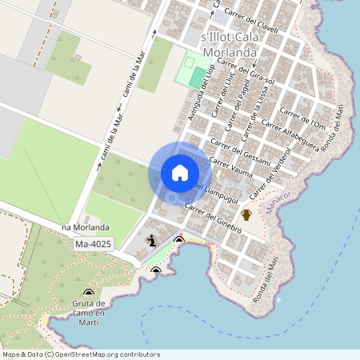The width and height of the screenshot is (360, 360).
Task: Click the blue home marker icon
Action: [x=180, y=173]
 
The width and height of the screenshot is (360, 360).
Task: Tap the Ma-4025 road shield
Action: [x=93, y=243]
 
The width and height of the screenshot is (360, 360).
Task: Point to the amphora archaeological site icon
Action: [x=246, y=214]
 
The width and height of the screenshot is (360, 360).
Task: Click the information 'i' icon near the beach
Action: [x=151, y=239]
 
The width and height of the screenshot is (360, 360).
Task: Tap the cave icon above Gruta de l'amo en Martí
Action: [x=88, y=294]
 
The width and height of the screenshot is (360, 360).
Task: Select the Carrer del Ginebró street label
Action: [x=213, y=217]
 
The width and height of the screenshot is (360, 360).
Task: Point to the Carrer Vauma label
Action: [x=230, y=167]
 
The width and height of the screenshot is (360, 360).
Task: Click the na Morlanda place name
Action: [x=85, y=228]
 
